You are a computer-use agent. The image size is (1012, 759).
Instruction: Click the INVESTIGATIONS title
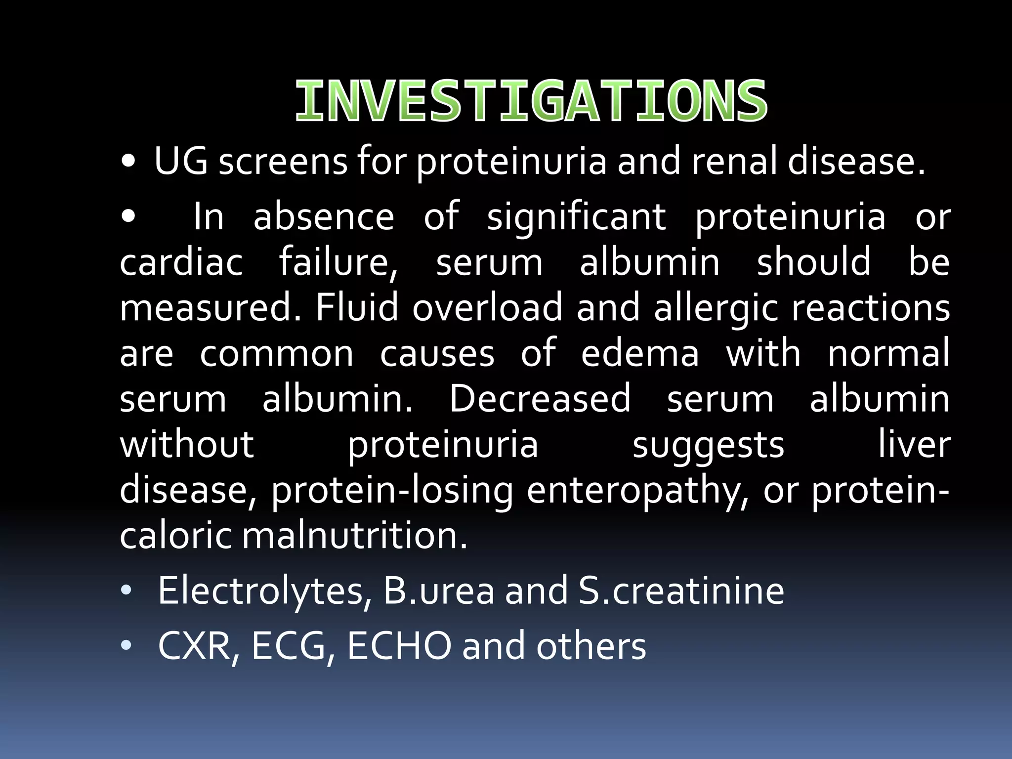point(531,102)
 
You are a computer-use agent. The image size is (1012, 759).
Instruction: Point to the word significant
point(576,216)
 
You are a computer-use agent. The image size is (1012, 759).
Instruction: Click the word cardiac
point(181,262)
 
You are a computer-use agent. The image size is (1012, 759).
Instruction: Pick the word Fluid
point(357,307)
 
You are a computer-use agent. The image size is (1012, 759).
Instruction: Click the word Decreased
point(540,399)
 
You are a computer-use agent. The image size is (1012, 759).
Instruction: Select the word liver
point(914,444)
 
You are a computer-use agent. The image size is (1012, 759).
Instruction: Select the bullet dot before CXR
point(126,645)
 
